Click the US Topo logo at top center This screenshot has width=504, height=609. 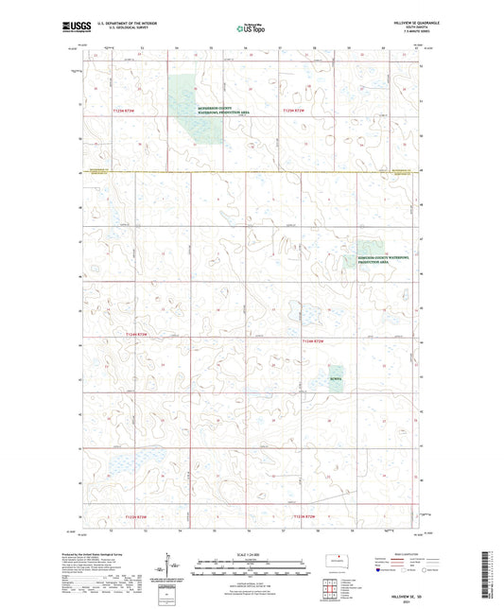tap(250, 29)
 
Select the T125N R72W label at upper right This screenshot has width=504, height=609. tap(294, 111)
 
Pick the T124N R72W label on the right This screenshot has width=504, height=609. tap(313, 340)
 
